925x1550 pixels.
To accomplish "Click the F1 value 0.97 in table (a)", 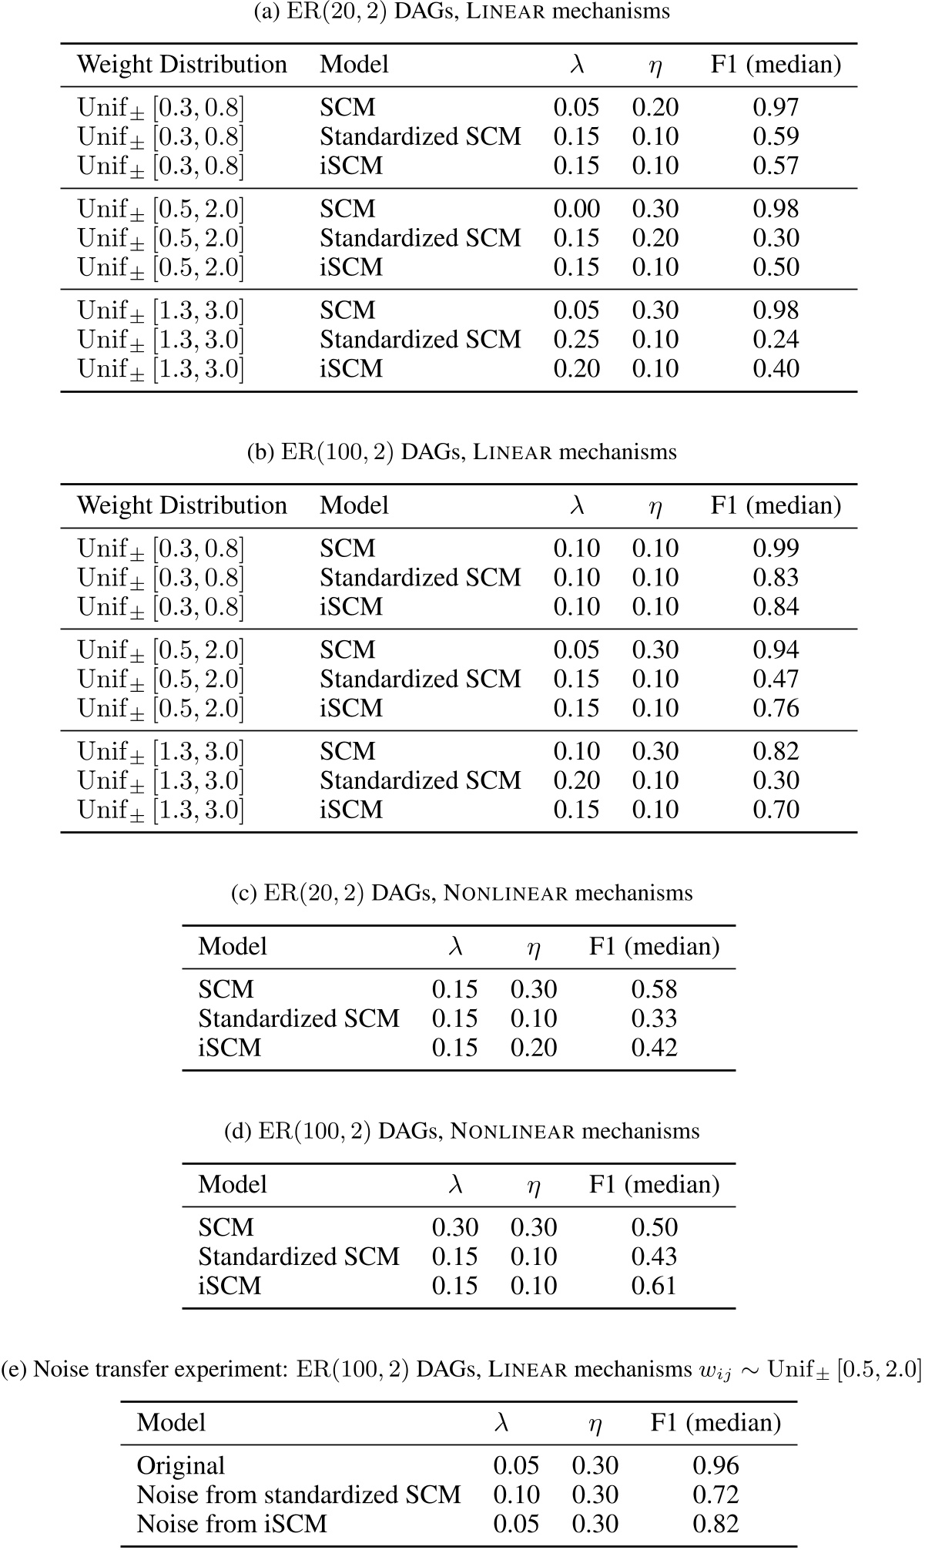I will [776, 108].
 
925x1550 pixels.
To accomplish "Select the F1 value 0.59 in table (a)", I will [776, 137].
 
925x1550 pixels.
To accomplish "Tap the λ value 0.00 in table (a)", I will [576, 210].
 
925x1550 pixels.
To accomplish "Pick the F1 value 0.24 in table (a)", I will [776, 340].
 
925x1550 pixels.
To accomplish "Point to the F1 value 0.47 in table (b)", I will [776, 679].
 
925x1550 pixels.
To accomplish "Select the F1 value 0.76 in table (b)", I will [776, 709].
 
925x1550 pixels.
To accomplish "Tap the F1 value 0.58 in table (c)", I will [654, 990].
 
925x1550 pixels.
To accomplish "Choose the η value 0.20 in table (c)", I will [534, 1048].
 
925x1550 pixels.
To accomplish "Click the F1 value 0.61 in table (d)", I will [654, 1287].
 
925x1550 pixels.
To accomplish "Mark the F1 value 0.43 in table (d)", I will [654, 1257].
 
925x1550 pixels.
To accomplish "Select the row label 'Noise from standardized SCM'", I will [298, 1495].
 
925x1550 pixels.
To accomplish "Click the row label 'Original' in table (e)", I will [181, 1466].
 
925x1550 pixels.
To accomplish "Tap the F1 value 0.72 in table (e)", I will [716, 1495].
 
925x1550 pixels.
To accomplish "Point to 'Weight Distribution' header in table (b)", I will [182, 506].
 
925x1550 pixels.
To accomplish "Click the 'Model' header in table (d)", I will [233, 1185].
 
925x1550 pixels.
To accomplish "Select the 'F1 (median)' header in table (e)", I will [716, 1423].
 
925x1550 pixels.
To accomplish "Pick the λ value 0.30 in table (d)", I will [454, 1228].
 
